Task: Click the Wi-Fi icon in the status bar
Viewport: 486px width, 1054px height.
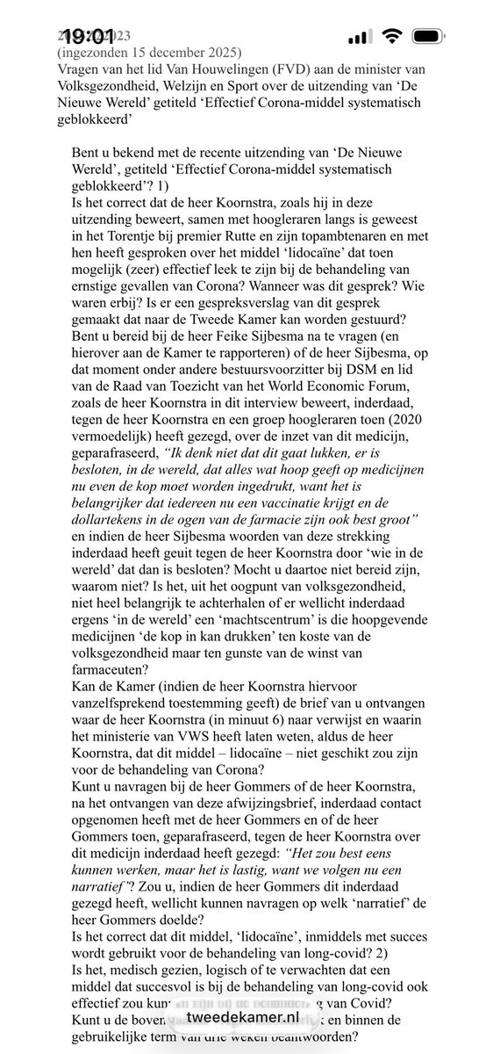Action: tap(393, 38)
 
